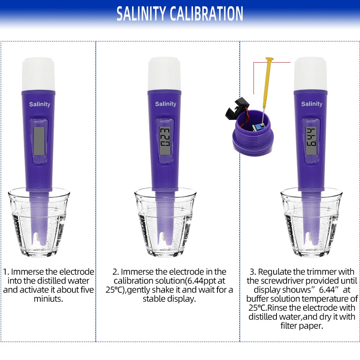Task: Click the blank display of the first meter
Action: (39, 140)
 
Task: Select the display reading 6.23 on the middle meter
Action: (165, 139)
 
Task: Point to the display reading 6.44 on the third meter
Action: (311, 139)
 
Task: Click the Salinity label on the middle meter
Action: (166, 104)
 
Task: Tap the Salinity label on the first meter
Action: (40, 104)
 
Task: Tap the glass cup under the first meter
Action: (39, 223)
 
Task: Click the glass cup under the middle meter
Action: (165, 223)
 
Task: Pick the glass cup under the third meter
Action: (311, 223)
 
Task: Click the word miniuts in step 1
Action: (48, 299)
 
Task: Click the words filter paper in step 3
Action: (301, 326)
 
